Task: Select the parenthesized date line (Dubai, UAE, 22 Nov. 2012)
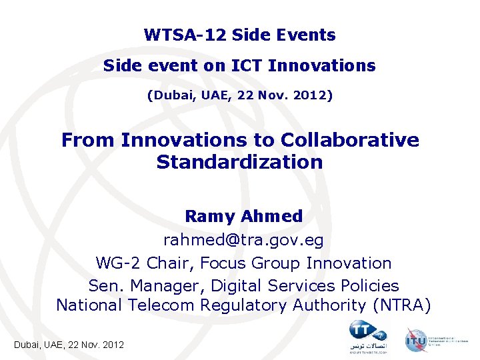coord(239,95)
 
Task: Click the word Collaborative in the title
coord(350,140)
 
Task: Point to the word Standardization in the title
coord(239,161)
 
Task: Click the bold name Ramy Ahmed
coord(243,216)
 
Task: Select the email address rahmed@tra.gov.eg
coord(243,239)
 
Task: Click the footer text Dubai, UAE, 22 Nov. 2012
coord(69,345)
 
